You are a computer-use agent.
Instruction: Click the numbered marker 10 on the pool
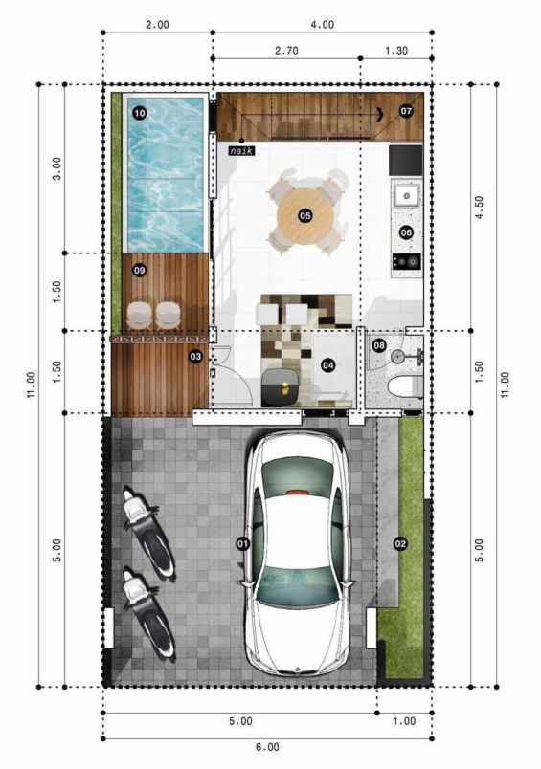pos(140,113)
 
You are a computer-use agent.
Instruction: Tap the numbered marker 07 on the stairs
pos(406,111)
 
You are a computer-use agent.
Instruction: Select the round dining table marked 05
pos(304,215)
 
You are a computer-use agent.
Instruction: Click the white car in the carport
pos(296,555)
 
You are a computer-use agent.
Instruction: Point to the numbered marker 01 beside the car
pos(241,543)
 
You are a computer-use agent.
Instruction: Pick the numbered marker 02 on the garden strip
pos(400,543)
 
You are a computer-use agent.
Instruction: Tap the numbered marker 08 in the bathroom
pos(379,345)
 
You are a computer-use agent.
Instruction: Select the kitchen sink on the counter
pos(406,195)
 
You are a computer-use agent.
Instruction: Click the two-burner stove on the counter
pos(406,260)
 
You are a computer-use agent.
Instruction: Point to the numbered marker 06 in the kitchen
pos(406,231)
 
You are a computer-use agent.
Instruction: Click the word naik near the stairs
pos(241,150)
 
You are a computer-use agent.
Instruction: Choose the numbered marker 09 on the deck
pos(140,271)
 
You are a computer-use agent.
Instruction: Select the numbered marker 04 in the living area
pos(327,364)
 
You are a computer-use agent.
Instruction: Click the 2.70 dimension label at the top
pos(286,49)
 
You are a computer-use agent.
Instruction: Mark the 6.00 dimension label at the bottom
pos(267,747)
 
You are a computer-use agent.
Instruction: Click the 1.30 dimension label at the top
pos(395,49)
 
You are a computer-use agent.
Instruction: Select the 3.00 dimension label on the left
pos(56,168)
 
